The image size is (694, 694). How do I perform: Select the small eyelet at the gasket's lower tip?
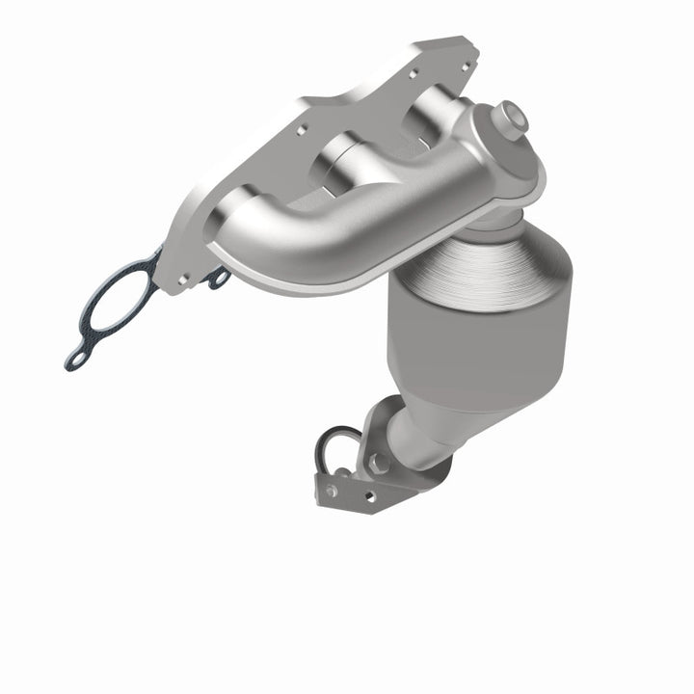pyautogui.click(x=74, y=360)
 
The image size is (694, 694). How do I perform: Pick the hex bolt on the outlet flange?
pyautogui.click(x=379, y=463)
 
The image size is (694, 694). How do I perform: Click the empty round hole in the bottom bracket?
pyautogui.click(x=367, y=495)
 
